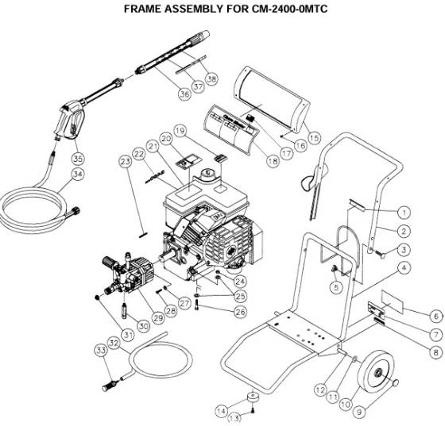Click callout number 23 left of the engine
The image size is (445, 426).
(x=124, y=162)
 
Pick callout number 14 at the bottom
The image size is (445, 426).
(x=222, y=409)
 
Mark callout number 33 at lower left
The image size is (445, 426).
(x=101, y=349)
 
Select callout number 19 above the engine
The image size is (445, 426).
(x=180, y=129)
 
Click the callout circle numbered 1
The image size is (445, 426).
(x=404, y=213)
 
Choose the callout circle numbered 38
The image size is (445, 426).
(x=211, y=79)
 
